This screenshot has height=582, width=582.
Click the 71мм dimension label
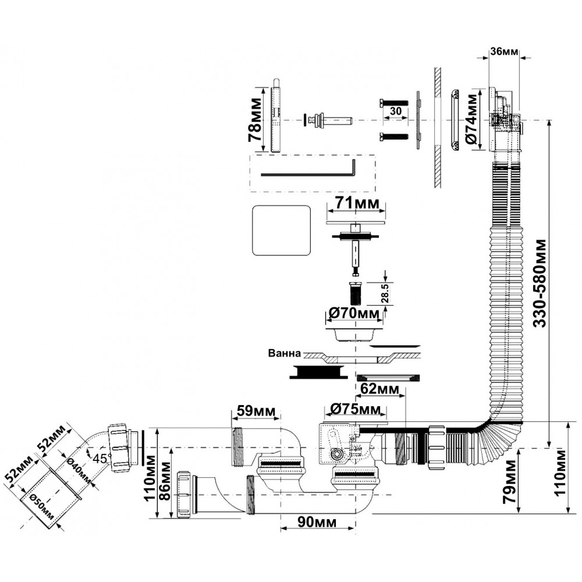356,204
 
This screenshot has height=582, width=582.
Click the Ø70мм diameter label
354,314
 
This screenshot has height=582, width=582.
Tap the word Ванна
284,353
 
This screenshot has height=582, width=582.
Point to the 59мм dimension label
257,411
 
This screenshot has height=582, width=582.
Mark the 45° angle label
100,457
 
